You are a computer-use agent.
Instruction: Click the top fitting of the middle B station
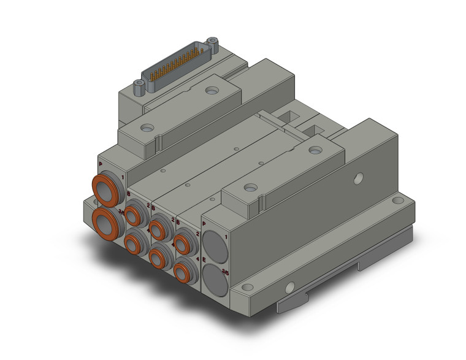159,229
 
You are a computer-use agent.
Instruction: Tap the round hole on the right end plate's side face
359,178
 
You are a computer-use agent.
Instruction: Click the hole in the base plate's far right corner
400,200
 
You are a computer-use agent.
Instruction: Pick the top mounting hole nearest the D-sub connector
212,91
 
